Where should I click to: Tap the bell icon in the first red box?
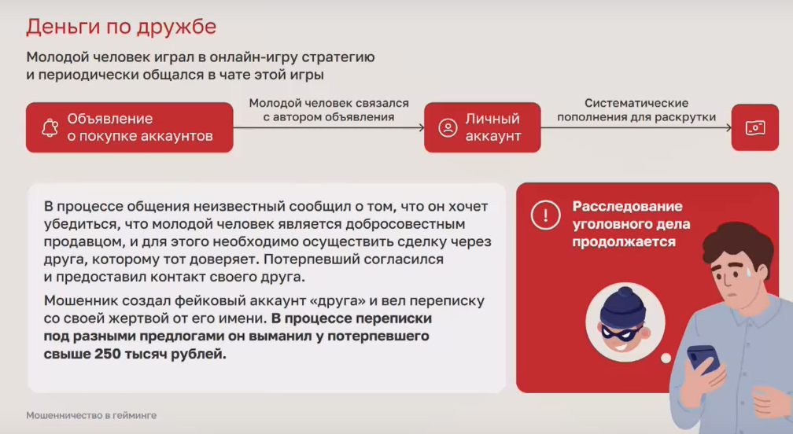[x=50, y=128]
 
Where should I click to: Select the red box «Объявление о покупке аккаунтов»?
[x=130, y=127]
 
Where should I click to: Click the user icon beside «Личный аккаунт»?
[x=448, y=128]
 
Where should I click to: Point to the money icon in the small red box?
[x=755, y=128]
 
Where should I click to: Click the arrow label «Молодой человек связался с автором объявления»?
[x=329, y=110]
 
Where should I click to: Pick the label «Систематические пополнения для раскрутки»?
[x=636, y=110]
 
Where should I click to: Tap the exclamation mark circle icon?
[x=545, y=215]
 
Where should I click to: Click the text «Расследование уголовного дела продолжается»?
[x=631, y=224]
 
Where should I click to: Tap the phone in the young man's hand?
[x=703, y=359]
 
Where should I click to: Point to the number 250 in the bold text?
[x=107, y=354]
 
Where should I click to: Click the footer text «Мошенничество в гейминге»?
[x=91, y=415]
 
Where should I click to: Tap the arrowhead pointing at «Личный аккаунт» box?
[x=422, y=127]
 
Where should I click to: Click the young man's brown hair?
[x=739, y=242]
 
